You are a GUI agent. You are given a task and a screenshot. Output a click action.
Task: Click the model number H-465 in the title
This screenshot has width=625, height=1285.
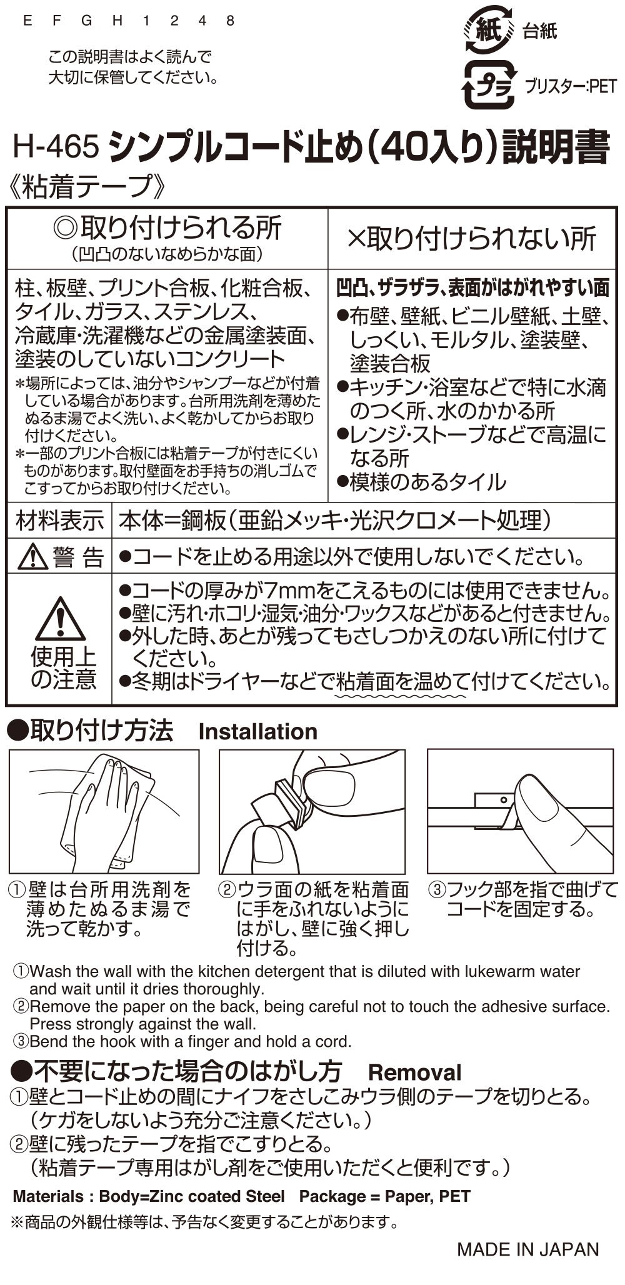tap(56, 148)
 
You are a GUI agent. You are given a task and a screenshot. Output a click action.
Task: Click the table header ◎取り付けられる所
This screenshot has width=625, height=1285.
tap(167, 229)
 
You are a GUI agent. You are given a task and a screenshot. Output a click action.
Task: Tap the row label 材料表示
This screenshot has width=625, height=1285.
tap(60, 520)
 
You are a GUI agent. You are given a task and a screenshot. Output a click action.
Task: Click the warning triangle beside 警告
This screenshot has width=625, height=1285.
tap(33, 556)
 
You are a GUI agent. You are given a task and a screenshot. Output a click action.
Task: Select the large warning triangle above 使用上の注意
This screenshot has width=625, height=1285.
tap(61, 619)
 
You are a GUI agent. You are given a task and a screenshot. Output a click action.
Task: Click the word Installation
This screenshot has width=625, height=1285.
tap(257, 731)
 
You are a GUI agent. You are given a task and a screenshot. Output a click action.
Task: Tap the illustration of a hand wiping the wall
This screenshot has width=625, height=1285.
tap(104, 811)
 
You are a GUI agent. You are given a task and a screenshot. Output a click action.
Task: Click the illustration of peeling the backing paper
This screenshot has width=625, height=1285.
tap(312, 811)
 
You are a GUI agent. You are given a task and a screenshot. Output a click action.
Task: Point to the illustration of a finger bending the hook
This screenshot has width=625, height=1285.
tap(521, 811)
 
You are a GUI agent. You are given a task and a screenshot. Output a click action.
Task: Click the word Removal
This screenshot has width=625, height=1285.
tap(414, 1072)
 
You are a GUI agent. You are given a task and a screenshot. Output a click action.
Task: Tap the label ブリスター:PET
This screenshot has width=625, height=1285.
tap(570, 86)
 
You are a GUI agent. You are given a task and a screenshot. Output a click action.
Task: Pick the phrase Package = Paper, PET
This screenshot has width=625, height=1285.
tap(384, 1196)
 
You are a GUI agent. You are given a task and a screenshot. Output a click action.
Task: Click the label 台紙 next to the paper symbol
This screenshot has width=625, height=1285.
tap(539, 31)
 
